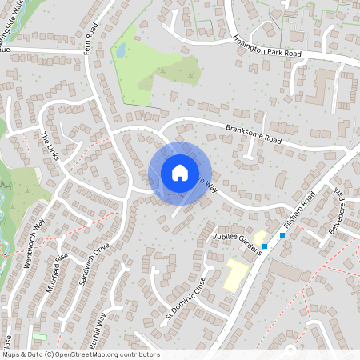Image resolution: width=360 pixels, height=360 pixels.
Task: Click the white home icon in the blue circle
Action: (x=179, y=173)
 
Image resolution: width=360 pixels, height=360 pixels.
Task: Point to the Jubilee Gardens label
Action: (x=238, y=242)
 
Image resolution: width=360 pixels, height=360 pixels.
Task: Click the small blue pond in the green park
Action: (x=120, y=50)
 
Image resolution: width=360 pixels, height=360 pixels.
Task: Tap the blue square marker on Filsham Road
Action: (x=282, y=235)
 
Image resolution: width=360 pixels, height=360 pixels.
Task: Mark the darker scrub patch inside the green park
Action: (x=172, y=72)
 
